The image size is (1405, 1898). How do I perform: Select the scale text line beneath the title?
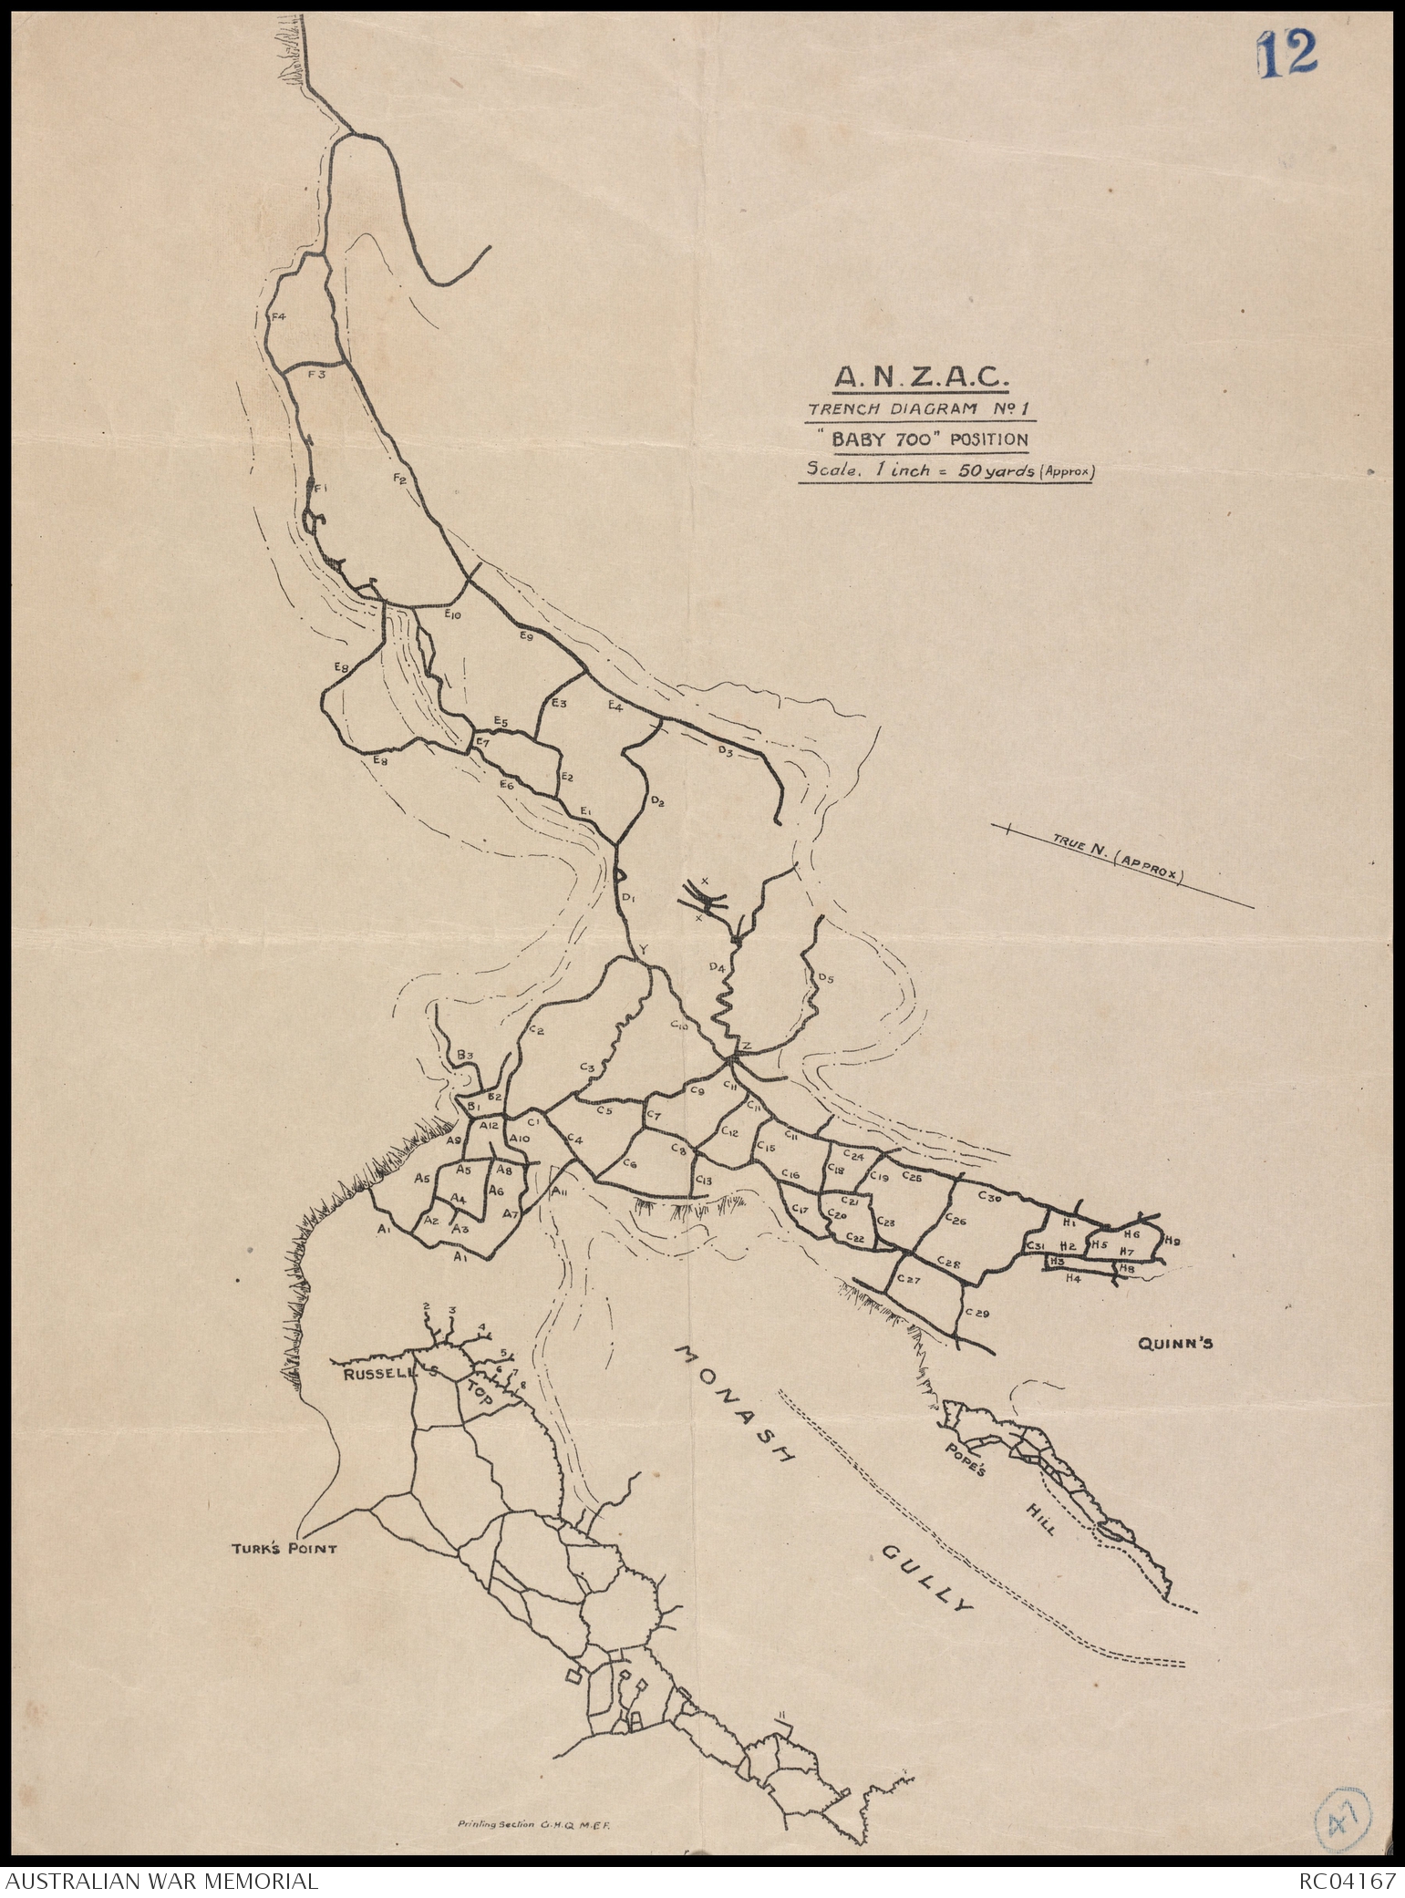945,472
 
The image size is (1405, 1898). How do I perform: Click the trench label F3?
315,375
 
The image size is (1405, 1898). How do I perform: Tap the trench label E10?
452,615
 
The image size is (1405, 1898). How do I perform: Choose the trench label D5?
825,979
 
